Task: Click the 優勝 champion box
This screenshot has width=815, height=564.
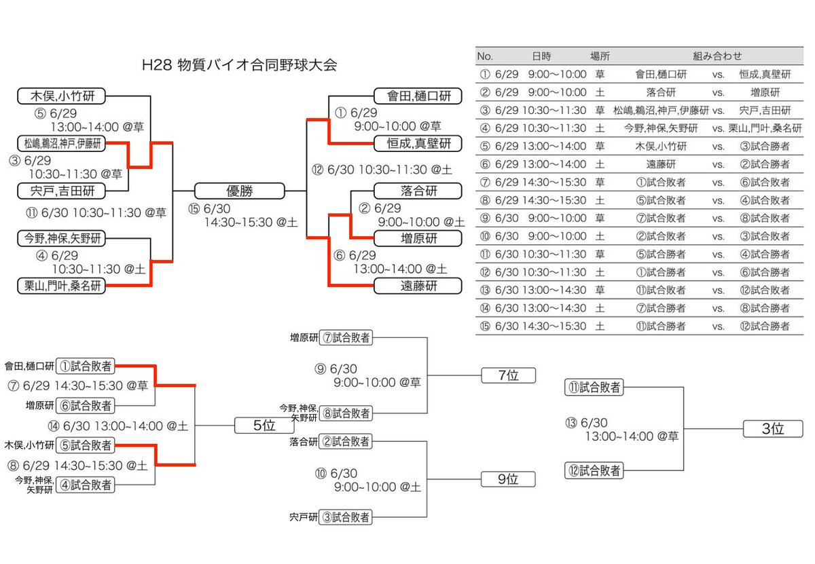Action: point(239,191)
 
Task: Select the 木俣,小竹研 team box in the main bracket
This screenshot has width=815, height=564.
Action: point(62,96)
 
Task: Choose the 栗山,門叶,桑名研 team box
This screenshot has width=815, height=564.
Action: point(62,286)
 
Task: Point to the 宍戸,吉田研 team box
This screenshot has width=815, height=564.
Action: point(62,191)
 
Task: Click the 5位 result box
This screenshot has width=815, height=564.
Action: point(264,426)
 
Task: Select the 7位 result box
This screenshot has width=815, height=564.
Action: point(508,375)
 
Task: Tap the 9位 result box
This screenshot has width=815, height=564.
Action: point(508,479)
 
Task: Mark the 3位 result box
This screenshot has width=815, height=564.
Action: point(773,428)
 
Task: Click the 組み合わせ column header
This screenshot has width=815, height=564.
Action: point(717,56)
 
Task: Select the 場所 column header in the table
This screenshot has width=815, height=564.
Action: point(600,56)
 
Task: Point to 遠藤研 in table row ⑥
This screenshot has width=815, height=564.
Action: point(655,164)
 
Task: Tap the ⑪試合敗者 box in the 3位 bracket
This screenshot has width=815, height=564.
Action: point(594,388)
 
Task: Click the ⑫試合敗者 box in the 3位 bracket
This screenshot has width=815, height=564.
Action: point(594,470)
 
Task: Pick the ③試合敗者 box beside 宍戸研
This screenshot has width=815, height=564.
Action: point(346,517)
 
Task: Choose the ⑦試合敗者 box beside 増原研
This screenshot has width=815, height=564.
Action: point(346,337)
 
